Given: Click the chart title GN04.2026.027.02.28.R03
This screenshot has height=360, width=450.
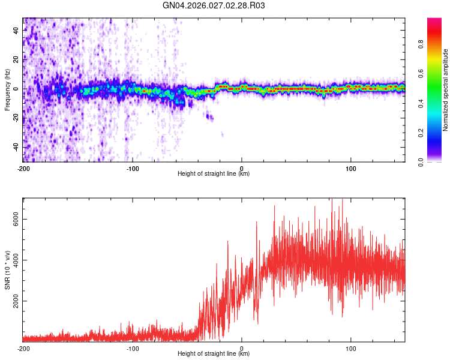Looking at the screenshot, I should (x=214, y=6).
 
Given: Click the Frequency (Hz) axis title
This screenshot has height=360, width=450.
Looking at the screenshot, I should (x=7, y=90).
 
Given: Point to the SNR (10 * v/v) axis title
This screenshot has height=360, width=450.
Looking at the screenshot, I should (x=7, y=270).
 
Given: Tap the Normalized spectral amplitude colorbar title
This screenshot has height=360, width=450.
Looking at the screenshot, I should (x=446, y=90).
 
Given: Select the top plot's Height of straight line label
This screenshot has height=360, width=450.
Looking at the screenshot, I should (x=214, y=174).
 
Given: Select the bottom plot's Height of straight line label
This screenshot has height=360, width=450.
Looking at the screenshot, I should (x=214, y=354).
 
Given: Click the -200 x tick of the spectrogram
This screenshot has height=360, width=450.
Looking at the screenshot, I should (x=23, y=167).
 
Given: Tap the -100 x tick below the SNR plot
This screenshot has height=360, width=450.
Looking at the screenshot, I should (x=133, y=348).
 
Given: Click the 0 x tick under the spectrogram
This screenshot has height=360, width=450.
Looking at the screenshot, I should (x=242, y=167).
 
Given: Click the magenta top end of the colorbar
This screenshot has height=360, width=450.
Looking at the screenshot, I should (x=434, y=21).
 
